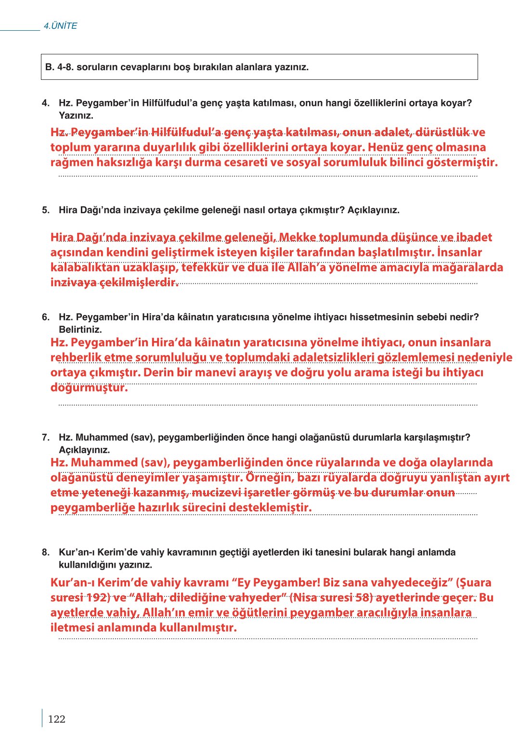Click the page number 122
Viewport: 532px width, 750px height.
[56, 719]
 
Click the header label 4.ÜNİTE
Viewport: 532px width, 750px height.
[60, 26]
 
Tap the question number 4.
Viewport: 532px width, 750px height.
[46, 103]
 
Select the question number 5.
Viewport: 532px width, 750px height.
[46, 210]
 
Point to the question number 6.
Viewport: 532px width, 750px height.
[46, 317]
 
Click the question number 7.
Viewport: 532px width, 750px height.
[46, 437]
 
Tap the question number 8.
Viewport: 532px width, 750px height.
[46, 552]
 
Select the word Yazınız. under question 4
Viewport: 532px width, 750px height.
[76, 115]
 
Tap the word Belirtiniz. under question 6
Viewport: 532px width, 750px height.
[80, 330]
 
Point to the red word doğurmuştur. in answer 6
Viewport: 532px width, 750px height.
[89, 388]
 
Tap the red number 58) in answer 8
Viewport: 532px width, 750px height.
[364, 598]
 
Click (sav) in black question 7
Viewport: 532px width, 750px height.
[142, 437]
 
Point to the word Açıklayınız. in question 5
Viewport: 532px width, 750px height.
[374, 210]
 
